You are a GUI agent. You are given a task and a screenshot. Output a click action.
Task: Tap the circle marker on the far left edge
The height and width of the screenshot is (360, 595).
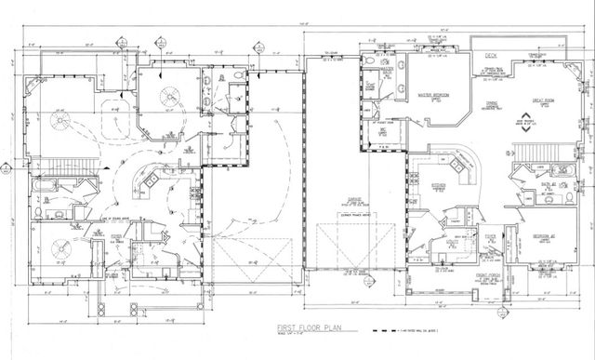point(5,169)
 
